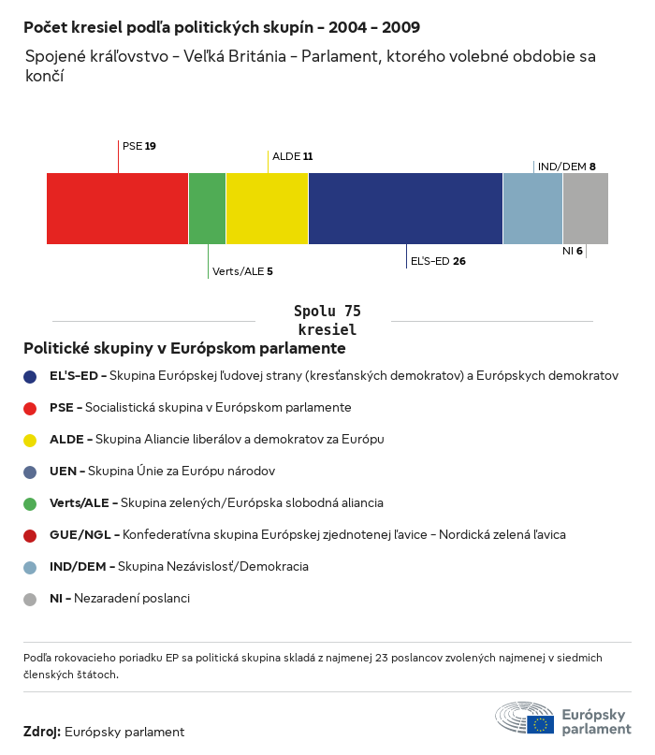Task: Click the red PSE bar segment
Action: pyautogui.click(x=117, y=209)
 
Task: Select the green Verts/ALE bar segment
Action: pyautogui.click(x=207, y=209)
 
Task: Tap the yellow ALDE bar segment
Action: pyautogui.click(x=267, y=209)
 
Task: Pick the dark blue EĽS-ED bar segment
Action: pyautogui.click(x=405, y=209)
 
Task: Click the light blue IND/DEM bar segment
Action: pyautogui.click(x=532, y=209)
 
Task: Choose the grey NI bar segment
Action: pyautogui.click(x=585, y=209)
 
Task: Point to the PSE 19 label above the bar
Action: pyautogui.click(x=139, y=146)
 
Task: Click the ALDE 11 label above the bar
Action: pyautogui.click(x=292, y=156)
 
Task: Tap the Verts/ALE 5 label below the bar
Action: pyautogui.click(x=242, y=271)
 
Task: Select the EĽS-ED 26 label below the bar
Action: pyautogui.click(x=438, y=261)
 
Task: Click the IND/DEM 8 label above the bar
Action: pyautogui.click(x=566, y=167)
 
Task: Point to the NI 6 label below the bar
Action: pyautogui.click(x=573, y=251)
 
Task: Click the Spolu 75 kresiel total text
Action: pyautogui.click(x=327, y=320)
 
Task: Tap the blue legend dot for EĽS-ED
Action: pyautogui.click(x=31, y=376)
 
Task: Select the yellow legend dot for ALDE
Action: pyautogui.click(x=31, y=440)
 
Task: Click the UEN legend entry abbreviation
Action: pyautogui.click(x=63, y=471)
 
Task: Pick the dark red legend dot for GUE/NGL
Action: pyautogui.click(x=31, y=535)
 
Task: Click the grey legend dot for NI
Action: pyautogui.click(x=31, y=599)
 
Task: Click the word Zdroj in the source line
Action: pyautogui.click(x=42, y=732)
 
